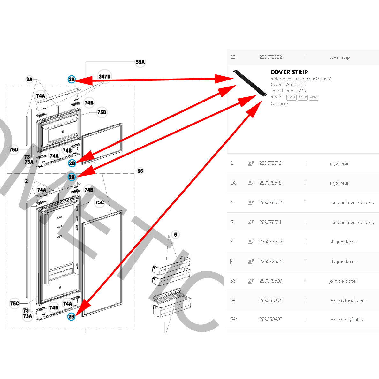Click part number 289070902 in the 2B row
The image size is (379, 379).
coord(270,57)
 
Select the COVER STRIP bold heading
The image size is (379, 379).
coord(289,72)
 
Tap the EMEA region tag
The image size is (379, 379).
coord(291,97)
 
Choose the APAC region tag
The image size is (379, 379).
coord(314,97)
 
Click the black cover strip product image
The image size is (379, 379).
coord(250,83)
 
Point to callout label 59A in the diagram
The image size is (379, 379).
coord(140,62)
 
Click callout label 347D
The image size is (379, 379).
coord(104,77)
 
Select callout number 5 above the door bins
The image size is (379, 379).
coord(175,235)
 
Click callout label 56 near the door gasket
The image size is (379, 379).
coord(140,171)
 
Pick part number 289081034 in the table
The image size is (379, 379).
coord(270,300)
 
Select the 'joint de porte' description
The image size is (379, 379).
coord(342,281)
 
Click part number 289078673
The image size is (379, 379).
coord(270,242)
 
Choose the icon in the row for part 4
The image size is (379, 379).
coord(251,202)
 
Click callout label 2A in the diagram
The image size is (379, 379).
coord(29,79)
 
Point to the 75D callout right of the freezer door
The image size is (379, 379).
coord(102,112)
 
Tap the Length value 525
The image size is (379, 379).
coord(301,91)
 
